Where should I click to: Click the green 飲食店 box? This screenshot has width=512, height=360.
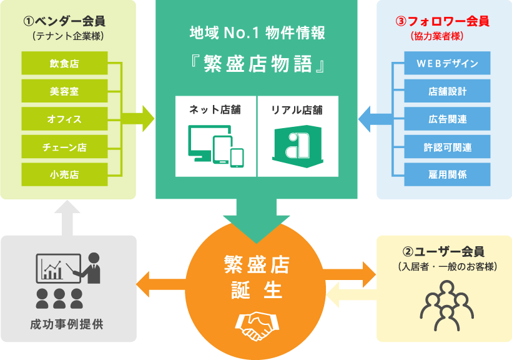(x=64, y=63)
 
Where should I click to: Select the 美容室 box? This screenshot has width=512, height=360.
(x=64, y=91)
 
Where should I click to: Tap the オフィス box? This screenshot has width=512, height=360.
(x=64, y=119)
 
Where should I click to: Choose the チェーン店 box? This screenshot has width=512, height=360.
(x=64, y=147)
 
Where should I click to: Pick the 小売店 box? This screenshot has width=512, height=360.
(x=64, y=174)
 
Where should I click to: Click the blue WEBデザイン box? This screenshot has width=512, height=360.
(x=447, y=63)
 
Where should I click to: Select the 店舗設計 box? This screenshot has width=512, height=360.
(x=447, y=91)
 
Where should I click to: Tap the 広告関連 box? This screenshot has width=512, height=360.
(x=447, y=119)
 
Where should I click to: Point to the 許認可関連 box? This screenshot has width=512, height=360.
(x=447, y=147)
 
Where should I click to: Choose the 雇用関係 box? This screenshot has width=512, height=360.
(x=447, y=174)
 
